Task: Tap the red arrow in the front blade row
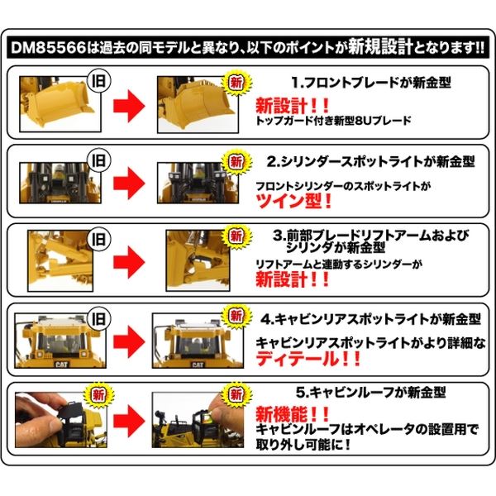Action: click(x=129, y=106)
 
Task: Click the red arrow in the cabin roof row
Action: click(x=129, y=421)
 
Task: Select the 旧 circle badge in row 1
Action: click(x=98, y=81)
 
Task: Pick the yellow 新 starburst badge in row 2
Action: click(x=236, y=162)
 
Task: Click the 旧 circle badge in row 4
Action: click(x=98, y=318)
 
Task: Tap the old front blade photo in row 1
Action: click(x=60, y=104)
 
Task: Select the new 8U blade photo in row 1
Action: click(x=198, y=104)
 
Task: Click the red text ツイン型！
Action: click(x=293, y=201)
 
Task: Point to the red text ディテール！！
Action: click(x=308, y=359)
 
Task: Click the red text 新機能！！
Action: click(x=293, y=414)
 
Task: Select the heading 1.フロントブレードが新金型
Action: click(x=370, y=83)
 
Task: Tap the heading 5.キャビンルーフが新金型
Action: click(x=370, y=393)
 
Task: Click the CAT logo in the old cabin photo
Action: click(x=61, y=365)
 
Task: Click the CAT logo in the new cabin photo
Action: click(x=198, y=365)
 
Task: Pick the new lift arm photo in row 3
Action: click(x=198, y=260)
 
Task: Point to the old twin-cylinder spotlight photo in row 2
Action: click(x=60, y=183)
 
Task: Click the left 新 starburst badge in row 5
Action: click(x=98, y=395)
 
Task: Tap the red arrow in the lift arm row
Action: click(x=129, y=262)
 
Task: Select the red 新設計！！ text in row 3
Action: click(x=293, y=280)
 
